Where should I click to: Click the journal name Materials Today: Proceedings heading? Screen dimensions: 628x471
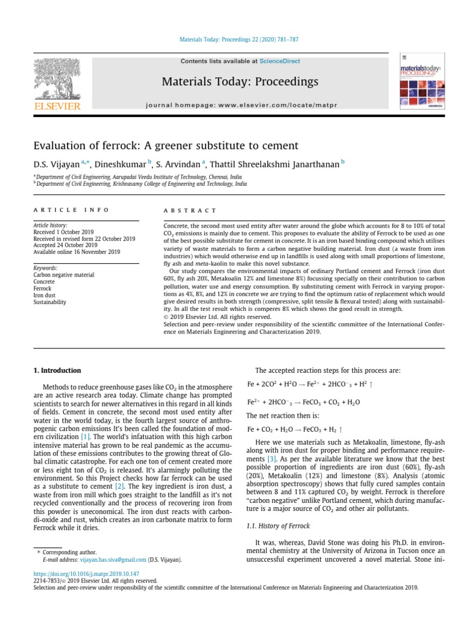click(x=240, y=82)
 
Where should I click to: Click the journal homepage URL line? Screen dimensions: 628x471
click(x=240, y=105)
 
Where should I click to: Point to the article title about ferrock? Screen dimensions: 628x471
click(x=166, y=146)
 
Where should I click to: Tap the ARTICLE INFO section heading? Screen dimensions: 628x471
click(x=71, y=210)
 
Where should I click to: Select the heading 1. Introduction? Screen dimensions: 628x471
click(x=56, y=370)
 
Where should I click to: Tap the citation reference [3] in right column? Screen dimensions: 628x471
click(x=271, y=459)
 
